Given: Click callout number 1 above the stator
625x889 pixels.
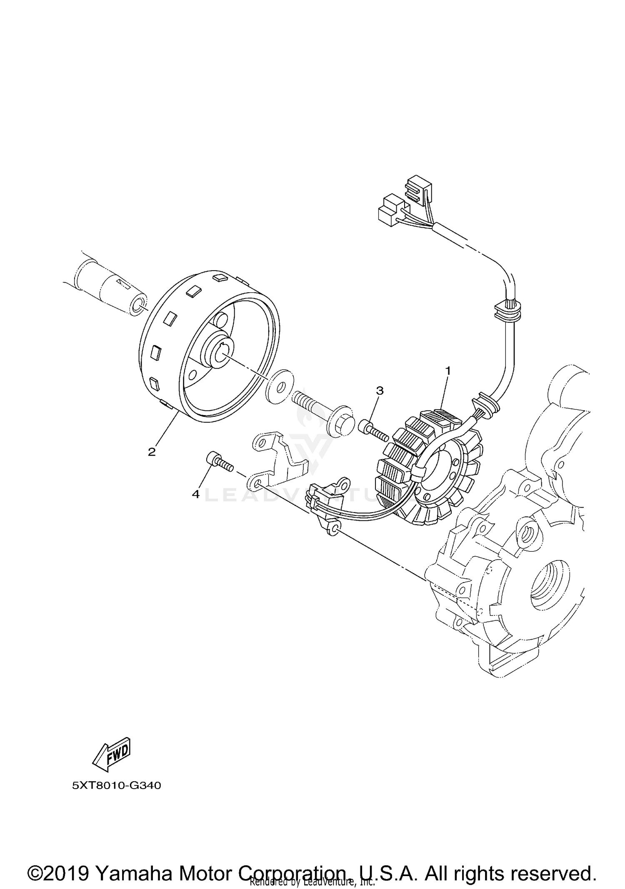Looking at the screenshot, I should (x=448, y=370).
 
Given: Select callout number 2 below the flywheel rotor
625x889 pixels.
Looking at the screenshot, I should (x=152, y=452).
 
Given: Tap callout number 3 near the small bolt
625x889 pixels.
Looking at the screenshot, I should (x=380, y=391).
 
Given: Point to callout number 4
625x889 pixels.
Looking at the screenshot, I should (x=196, y=494).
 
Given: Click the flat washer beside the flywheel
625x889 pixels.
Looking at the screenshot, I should (x=280, y=386).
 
